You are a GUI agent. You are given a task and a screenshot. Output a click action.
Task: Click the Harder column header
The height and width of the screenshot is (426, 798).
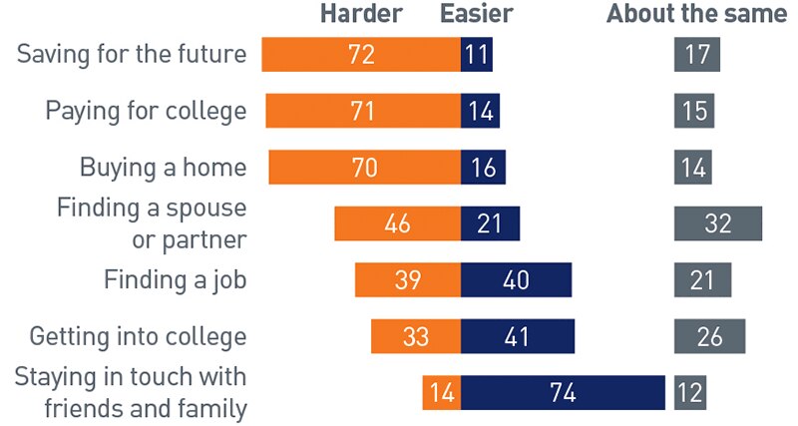(361, 14)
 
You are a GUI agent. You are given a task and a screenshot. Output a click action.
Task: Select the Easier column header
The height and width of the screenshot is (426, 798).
(477, 14)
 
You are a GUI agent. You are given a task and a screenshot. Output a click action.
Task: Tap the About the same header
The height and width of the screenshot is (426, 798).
(696, 14)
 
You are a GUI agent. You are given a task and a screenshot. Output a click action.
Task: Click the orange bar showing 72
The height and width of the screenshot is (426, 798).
(361, 55)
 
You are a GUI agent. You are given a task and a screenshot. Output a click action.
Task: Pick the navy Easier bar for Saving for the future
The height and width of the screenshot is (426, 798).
(477, 55)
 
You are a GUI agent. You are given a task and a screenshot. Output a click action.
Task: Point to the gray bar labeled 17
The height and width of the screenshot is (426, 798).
(696, 55)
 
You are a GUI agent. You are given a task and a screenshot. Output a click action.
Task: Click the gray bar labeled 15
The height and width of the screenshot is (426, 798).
(693, 111)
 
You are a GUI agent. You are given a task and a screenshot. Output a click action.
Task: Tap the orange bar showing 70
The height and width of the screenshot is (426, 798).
(364, 168)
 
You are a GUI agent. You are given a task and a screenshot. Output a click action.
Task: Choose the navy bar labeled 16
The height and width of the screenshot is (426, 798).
(483, 168)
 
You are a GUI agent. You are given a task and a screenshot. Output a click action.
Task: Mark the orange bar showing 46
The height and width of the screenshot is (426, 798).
(397, 223)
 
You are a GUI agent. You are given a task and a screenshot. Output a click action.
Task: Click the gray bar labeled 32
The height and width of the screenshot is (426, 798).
(718, 223)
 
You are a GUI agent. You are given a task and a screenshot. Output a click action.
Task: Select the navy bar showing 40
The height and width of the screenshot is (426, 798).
(516, 280)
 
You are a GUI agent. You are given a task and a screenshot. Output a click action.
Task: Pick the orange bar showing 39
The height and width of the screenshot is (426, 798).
(407, 280)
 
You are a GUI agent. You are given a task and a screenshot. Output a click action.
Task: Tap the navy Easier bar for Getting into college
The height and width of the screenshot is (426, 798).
(517, 336)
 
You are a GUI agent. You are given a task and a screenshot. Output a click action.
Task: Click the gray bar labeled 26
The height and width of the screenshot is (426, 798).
(709, 336)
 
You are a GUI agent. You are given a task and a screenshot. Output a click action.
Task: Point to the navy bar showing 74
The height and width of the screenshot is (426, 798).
(563, 393)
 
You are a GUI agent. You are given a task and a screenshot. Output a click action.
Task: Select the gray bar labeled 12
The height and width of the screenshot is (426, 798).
(689, 393)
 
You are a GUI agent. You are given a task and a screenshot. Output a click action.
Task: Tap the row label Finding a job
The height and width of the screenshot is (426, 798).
(175, 280)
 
